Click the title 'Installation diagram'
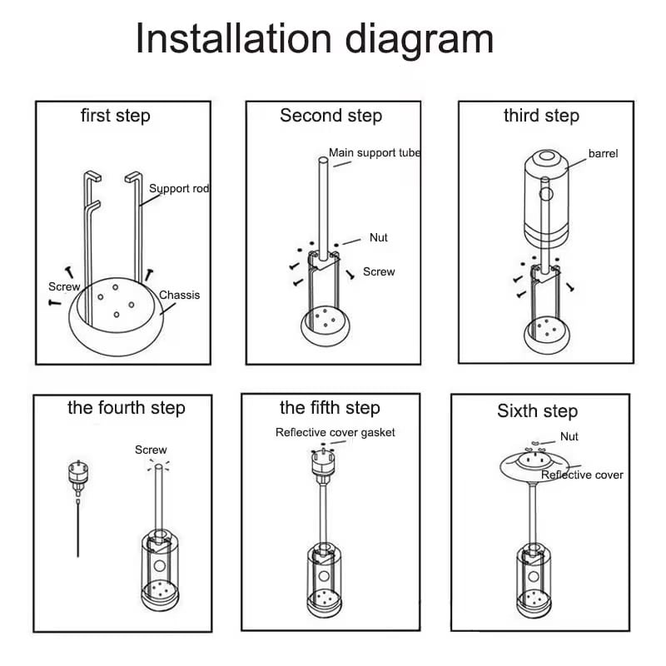click(x=315, y=39)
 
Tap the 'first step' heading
click(x=115, y=116)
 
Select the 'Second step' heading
click(x=331, y=116)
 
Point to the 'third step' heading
click(x=541, y=116)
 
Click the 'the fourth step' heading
click(x=126, y=408)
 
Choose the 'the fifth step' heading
click(x=330, y=408)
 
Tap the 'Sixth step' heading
click(x=537, y=411)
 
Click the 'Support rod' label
click(x=178, y=189)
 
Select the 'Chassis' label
click(x=179, y=295)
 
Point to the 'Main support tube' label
click(x=375, y=153)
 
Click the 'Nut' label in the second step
click(x=379, y=238)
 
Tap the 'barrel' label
click(x=604, y=154)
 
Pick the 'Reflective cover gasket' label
click(x=335, y=432)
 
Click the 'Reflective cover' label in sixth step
click(x=582, y=475)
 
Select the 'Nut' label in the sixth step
click(x=569, y=437)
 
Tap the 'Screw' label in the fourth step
click(x=151, y=450)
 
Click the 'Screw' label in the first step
click(x=64, y=286)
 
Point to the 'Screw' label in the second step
click(x=379, y=272)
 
